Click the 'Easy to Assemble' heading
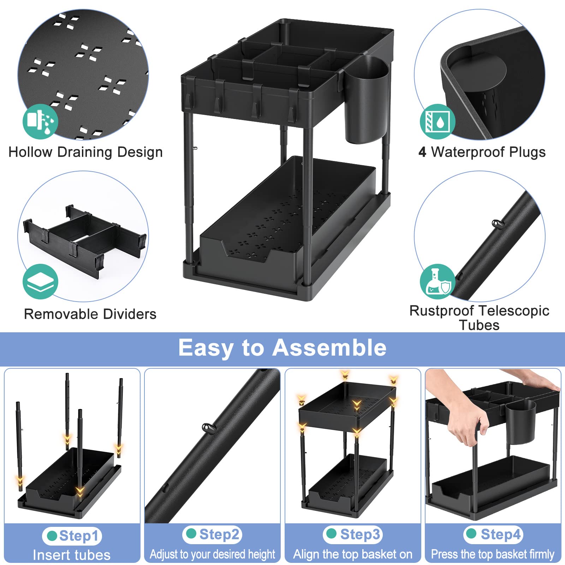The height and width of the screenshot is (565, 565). click(x=282, y=348)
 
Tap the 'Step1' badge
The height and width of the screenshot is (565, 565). click(x=72, y=536)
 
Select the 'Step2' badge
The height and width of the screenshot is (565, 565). click(x=212, y=535)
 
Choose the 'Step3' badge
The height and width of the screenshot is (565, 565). click(x=353, y=535)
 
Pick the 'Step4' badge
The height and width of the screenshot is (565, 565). click(x=493, y=535)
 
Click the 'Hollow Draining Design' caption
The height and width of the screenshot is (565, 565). click(x=85, y=152)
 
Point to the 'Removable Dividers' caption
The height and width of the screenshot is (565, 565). click(x=90, y=314)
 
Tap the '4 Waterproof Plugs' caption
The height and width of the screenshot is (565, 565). click(x=482, y=152)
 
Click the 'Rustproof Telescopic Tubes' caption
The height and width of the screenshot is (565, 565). click(x=479, y=318)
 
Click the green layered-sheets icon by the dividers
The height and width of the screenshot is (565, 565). click(x=40, y=281)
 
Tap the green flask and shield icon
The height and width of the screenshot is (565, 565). click(x=438, y=281)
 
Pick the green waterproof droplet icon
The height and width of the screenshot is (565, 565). click(x=438, y=121)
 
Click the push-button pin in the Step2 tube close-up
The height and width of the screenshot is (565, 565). click(x=209, y=428)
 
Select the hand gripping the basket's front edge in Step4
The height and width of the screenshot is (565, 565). click(x=466, y=422)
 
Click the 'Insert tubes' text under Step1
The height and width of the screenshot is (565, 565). click(x=72, y=555)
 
